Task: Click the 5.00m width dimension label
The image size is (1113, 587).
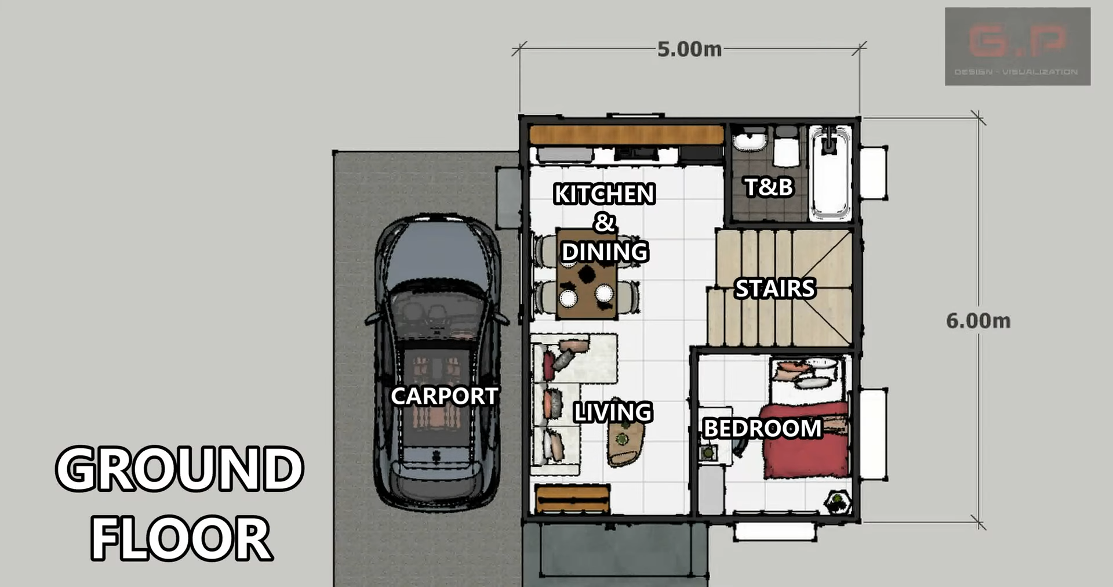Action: click(689, 49)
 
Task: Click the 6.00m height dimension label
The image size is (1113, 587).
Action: click(977, 321)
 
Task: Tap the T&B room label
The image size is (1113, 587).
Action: click(768, 187)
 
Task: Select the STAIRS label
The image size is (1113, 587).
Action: click(774, 288)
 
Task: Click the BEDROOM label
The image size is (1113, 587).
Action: click(762, 429)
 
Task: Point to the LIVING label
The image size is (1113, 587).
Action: click(613, 412)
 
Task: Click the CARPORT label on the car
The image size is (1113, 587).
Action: click(444, 396)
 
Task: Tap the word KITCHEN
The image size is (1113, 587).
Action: click(604, 194)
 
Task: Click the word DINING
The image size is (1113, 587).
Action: click(605, 252)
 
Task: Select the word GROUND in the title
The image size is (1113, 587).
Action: click(180, 469)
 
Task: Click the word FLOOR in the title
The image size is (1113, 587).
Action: click(181, 538)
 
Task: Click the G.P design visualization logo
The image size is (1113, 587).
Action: click(1017, 46)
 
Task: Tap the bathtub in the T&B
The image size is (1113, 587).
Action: click(830, 174)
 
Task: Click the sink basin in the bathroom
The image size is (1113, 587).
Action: click(750, 141)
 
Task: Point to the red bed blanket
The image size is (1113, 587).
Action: click(806, 441)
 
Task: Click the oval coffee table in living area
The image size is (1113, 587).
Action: click(624, 444)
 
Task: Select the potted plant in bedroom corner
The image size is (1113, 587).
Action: click(838, 501)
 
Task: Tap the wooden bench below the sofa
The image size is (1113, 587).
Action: click(572, 499)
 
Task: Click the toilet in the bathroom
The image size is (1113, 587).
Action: click(787, 148)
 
